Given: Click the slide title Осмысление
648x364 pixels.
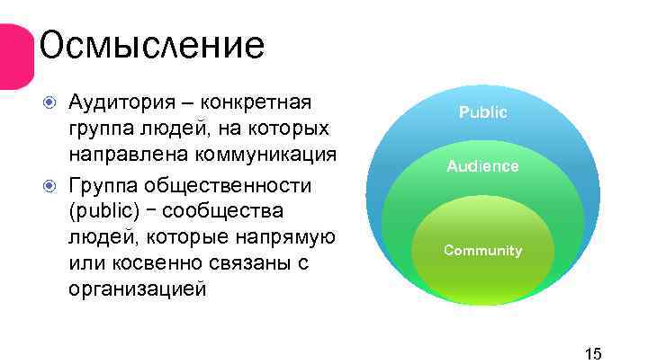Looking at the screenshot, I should [x=152, y=44].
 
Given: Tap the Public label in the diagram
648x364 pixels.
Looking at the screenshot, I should [x=483, y=112].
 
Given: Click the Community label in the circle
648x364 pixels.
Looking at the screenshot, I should [x=483, y=250].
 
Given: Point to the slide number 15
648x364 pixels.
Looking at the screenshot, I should [x=593, y=351].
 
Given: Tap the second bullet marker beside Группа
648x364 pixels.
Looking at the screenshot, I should [x=51, y=186].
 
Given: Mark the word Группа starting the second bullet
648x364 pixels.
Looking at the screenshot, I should [x=102, y=185].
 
